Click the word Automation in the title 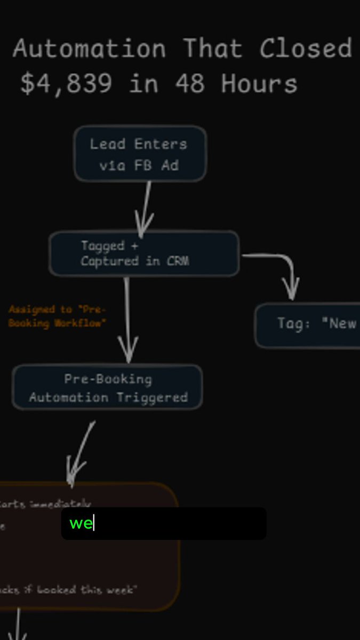tap(89, 49)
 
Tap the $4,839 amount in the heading tap(66, 84)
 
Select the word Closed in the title tap(306, 49)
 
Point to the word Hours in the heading tap(259, 84)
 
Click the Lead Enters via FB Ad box tap(140, 154)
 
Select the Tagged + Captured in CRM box tap(144, 253)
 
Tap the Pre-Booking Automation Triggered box tap(107, 388)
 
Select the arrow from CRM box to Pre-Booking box tap(127, 320)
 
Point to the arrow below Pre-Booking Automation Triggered tap(80, 453)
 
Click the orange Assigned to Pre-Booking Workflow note tap(57, 316)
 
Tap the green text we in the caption tap(81, 523)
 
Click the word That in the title tap(212, 49)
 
